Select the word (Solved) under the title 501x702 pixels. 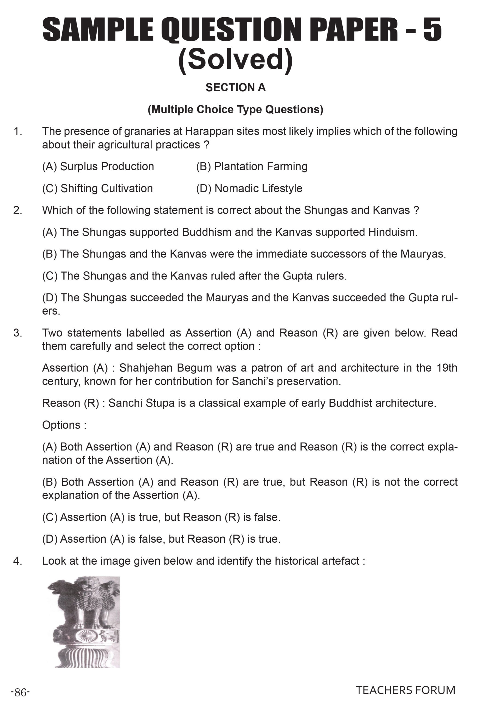235,60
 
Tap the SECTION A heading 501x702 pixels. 235,87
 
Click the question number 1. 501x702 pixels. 18,131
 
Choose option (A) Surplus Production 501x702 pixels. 98,166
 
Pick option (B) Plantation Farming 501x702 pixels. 252,166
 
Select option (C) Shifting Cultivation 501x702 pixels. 97,188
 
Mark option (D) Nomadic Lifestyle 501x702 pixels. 249,188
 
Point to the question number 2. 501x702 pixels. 18,210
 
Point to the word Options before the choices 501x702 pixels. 62,425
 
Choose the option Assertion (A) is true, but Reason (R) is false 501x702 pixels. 161,517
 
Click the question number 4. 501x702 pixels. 18,561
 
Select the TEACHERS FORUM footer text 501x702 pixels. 405,690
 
